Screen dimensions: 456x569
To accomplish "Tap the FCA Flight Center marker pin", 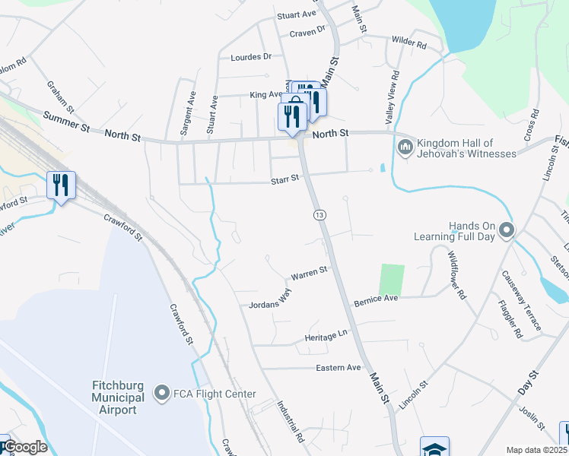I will pyautogui.click(x=161, y=393).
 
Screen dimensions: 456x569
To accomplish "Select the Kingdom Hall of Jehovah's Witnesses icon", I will pyautogui.click(x=405, y=145).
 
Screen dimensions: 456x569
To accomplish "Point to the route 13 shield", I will pyautogui.click(x=319, y=216).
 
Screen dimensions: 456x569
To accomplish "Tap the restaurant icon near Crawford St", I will pyautogui.click(x=61, y=185).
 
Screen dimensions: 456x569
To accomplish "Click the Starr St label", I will pyautogui.click(x=287, y=181).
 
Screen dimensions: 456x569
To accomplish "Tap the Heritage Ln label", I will pyautogui.click(x=326, y=334).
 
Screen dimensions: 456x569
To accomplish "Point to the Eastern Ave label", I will pyautogui.click(x=338, y=367).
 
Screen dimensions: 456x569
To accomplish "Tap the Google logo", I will pyautogui.click(x=24, y=447).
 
